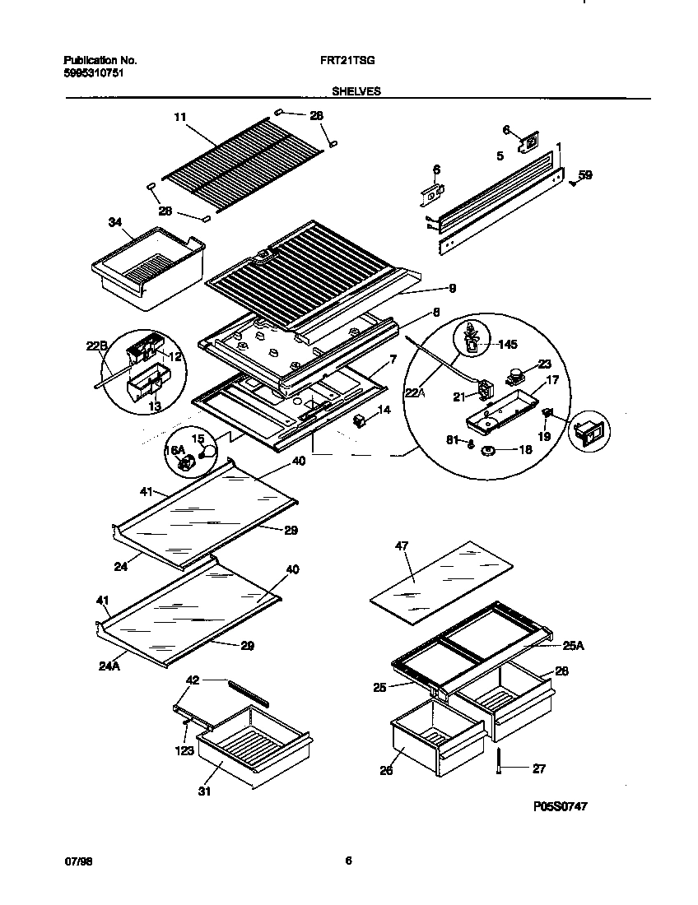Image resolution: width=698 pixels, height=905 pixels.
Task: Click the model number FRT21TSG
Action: (343, 61)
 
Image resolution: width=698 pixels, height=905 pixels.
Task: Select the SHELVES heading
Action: (356, 92)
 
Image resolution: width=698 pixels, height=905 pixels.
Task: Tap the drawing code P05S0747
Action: (555, 807)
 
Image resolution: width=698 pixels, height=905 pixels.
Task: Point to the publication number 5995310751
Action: (95, 73)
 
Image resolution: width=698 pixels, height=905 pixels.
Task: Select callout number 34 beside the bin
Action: (115, 222)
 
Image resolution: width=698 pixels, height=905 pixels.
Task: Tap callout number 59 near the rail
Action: (584, 174)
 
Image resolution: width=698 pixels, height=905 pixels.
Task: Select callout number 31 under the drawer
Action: (203, 792)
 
